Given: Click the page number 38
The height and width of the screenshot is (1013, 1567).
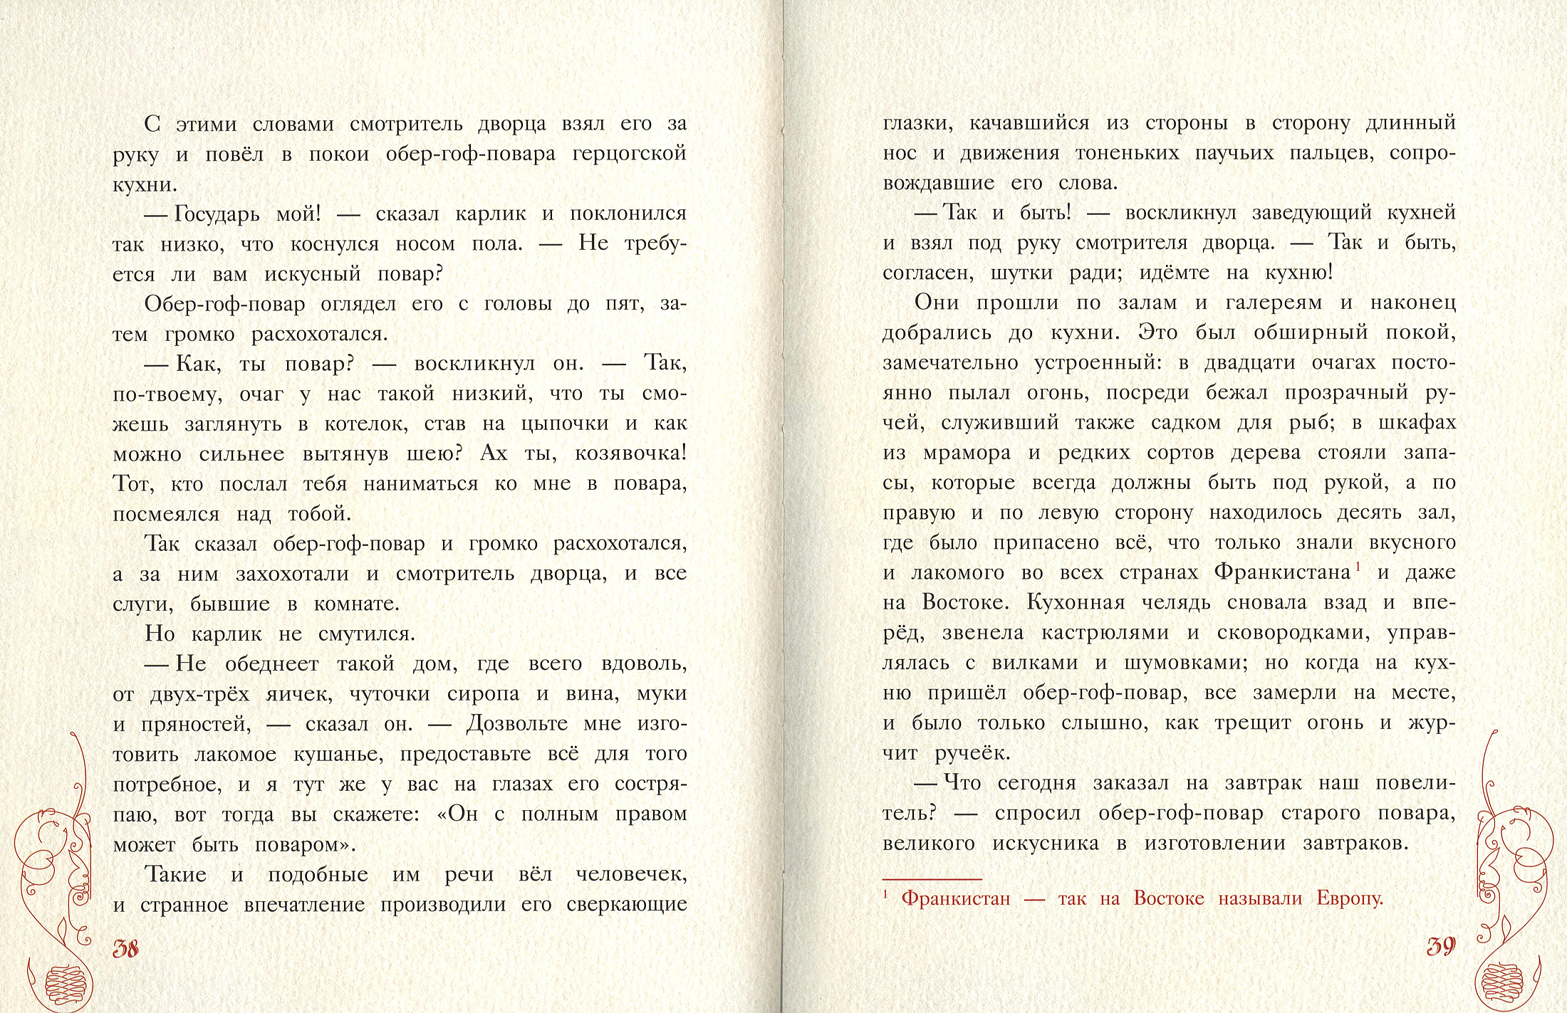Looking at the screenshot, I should pos(126,948).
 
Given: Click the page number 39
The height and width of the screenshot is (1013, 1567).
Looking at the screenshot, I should pos(1441,946).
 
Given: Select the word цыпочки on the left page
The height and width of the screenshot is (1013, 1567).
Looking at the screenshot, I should pos(565,424).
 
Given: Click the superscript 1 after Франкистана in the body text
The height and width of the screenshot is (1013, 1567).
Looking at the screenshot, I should pos(1358,567).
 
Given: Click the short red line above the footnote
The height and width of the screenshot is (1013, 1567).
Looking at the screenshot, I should pos(932,879).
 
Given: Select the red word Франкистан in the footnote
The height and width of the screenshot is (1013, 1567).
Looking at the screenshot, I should pos(956,898).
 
